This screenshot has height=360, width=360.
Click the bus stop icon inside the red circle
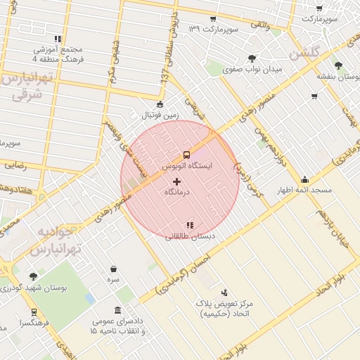point(186,154)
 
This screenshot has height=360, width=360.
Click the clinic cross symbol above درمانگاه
point(176,182)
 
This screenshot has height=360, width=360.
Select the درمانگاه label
point(179,191)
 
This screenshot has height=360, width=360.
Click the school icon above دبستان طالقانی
point(189,225)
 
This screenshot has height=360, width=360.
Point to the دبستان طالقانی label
point(188,237)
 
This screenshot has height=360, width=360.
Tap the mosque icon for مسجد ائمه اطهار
point(304,179)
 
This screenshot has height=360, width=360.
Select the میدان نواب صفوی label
point(252,70)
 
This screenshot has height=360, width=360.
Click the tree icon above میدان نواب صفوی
point(252,58)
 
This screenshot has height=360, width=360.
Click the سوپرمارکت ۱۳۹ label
point(214,29)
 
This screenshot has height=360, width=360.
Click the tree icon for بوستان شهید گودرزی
point(33,276)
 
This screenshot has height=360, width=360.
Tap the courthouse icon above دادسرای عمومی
point(117,310)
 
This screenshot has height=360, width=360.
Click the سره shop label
point(113,279)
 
